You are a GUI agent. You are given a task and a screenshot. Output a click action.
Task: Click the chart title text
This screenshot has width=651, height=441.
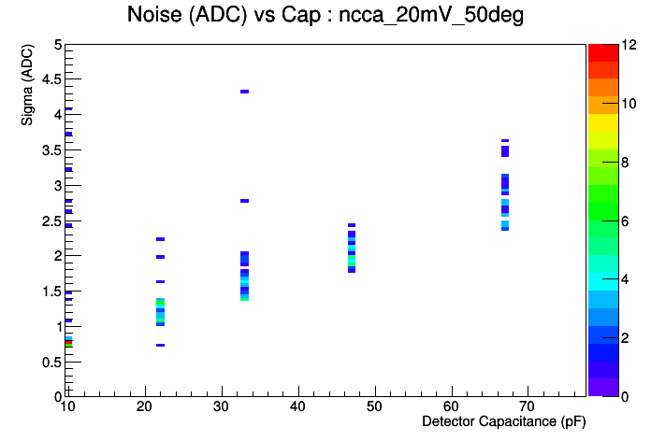click(x=325, y=15)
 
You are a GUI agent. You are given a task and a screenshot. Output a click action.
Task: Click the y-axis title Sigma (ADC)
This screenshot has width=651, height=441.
click(x=27, y=85)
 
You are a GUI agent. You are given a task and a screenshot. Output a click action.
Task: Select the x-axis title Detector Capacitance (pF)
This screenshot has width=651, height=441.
click(x=503, y=421)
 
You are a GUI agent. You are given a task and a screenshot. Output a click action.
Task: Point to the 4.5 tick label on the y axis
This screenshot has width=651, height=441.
click(x=51, y=78)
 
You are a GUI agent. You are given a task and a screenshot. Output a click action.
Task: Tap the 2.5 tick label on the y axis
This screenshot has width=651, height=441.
click(x=51, y=221)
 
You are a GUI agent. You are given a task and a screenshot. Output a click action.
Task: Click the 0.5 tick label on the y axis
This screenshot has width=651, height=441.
click(x=51, y=363)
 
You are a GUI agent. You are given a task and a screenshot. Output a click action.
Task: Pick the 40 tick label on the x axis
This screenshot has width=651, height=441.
click(x=297, y=406)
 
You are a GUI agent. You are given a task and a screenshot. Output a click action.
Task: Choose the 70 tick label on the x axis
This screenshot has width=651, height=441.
click(x=528, y=406)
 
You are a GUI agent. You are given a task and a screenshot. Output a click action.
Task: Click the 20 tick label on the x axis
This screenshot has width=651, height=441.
click(x=144, y=406)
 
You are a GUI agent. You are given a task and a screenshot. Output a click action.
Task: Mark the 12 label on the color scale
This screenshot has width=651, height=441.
click(x=629, y=45)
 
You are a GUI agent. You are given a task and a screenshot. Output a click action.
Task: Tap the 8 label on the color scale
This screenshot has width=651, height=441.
click(x=625, y=163)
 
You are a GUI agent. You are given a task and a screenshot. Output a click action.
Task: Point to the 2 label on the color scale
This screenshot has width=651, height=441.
click(x=625, y=337)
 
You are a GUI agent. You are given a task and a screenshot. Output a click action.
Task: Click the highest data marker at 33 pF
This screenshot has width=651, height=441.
click(x=244, y=92)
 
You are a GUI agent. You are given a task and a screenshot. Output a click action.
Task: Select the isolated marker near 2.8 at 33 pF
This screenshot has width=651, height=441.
click(x=244, y=201)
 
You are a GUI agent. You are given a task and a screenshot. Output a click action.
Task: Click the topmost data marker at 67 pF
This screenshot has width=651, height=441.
click(x=505, y=141)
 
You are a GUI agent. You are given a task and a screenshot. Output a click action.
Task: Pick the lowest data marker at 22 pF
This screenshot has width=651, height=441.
click(x=160, y=345)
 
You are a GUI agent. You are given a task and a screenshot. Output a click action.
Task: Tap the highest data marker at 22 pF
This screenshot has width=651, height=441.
click(x=160, y=239)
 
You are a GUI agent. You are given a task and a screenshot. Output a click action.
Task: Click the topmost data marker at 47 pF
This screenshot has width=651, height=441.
click(x=352, y=225)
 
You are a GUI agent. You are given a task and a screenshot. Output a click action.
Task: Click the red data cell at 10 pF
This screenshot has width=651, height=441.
click(x=68, y=342)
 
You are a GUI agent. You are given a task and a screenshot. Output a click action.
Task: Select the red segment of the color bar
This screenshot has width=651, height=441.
click(x=603, y=52)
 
